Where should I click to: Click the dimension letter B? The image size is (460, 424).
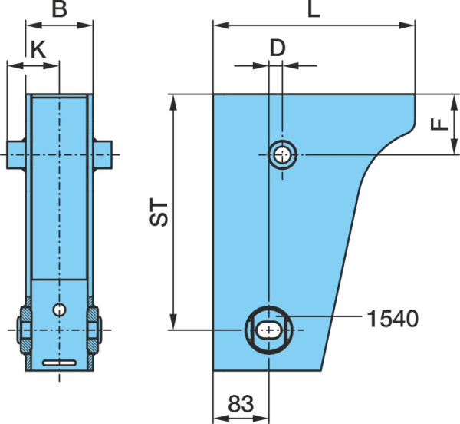point(59,9)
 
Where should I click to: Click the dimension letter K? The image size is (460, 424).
point(38,50)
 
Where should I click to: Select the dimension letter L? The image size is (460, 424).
point(314,9)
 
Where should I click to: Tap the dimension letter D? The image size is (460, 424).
point(278,48)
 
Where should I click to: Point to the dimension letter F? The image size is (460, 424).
point(439,124)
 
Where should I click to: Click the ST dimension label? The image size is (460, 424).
point(159,212)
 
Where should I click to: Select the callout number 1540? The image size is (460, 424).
point(393,319)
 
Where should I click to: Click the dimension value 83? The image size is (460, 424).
point(241,403)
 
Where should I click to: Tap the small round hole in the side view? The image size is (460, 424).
point(282,154)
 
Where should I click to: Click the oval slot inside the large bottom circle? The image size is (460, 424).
point(268,330)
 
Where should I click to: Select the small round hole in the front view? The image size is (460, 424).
point(59,310)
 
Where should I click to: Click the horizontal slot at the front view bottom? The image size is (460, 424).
point(60,363)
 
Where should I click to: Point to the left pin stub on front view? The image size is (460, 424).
point(16,155)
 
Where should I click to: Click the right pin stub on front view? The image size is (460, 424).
point(103,155)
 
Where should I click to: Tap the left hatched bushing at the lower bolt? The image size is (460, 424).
point(26,330)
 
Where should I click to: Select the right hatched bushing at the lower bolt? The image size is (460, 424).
point(93,330)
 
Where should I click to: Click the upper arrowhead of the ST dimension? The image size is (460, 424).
point(174,103)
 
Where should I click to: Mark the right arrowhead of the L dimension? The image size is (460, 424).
point(407,25)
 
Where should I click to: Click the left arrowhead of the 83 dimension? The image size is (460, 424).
point(222,418)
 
